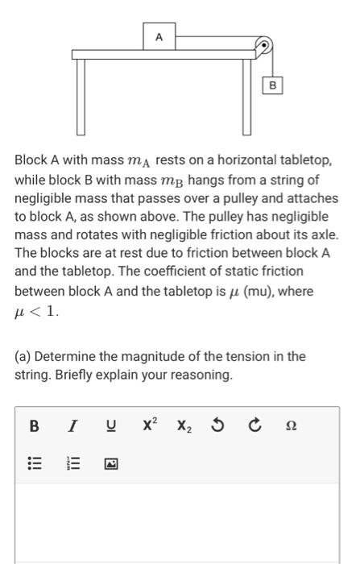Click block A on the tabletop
tap(159, 37)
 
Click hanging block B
tap(272, 85)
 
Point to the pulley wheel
tap(263, 46)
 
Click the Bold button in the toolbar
tap(35, 426)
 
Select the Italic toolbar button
tap(71, 426)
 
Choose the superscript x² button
tap(151, 425)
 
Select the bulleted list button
tap(35, 463)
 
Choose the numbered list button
tap(71, 463)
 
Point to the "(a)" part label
tap(23, 356)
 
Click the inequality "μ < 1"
tap(37, 310)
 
